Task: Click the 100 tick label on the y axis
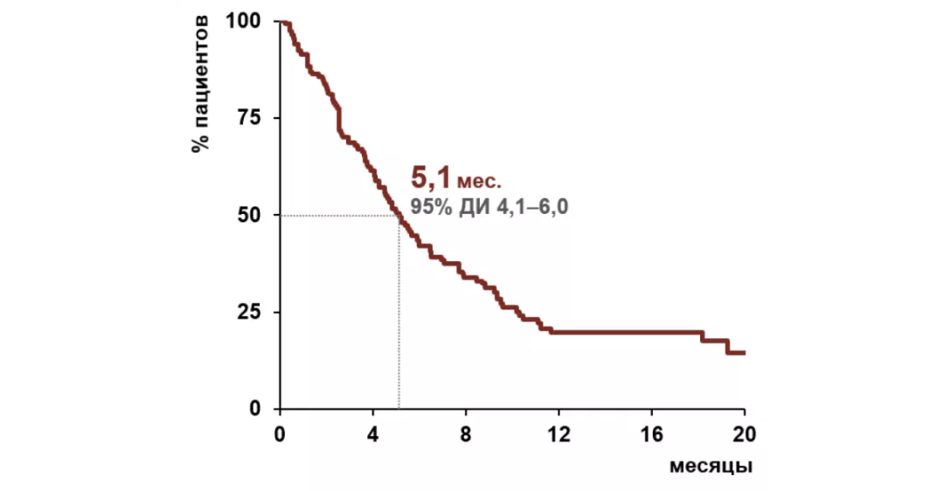[x=244, y=21]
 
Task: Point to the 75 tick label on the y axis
[x=250, y=118]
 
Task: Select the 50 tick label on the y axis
[x=250, y=215]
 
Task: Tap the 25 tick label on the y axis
[x=250, y=312]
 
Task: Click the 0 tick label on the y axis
[x=255, y=409]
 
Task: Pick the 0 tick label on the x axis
[x=280, y=433]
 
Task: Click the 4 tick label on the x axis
[x=372, y=433]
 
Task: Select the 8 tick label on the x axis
[x=466, y=433]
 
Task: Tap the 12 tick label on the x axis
[x=559, y=433]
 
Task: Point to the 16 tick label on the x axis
[x=651, y=433]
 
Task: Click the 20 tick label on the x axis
[x=744, y=433]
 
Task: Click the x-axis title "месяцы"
[x=711, y=466]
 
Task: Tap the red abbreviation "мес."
[x=479, y=183]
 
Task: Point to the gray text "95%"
[x=430, y=208]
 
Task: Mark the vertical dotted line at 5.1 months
[x=399, y=315]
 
